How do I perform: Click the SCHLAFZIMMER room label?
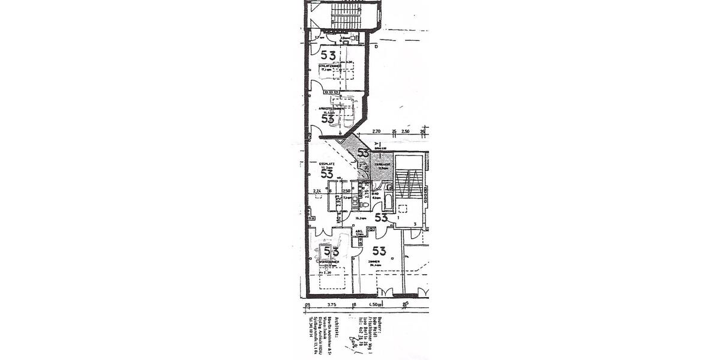click(330, 65)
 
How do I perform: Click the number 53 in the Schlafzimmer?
click(328, 56)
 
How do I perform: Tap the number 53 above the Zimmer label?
click(379, 251)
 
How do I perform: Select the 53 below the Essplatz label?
click(327, 174)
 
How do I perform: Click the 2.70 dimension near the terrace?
click(376, 131)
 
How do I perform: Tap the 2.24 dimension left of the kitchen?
click(317, 191)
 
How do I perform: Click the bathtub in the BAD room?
click(388, 202)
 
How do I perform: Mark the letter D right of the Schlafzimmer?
click(376, 46)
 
